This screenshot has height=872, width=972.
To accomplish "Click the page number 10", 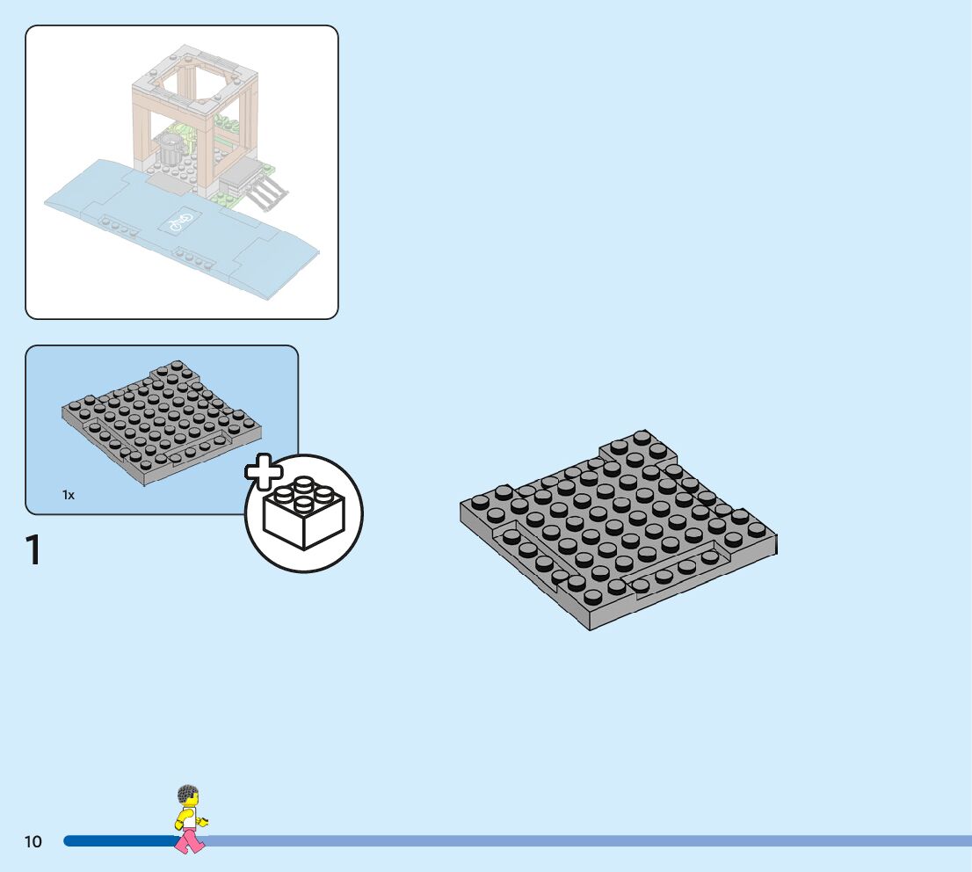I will [x=33, y=841].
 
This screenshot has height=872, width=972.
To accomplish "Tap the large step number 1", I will [x=34, y=550].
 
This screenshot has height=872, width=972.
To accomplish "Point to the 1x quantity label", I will [x=69, y=495].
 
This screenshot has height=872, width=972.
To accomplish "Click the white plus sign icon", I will [x=263, y=473].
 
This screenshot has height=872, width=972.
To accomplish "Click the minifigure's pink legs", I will [x=189, y=841].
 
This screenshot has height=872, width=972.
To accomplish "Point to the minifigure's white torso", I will [x=187, y=818].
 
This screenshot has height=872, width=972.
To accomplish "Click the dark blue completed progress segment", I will [x=119, y=841].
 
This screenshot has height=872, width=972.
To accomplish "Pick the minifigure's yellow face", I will [x=191, y=802].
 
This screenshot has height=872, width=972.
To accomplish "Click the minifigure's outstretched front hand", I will [x=204, y=822].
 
